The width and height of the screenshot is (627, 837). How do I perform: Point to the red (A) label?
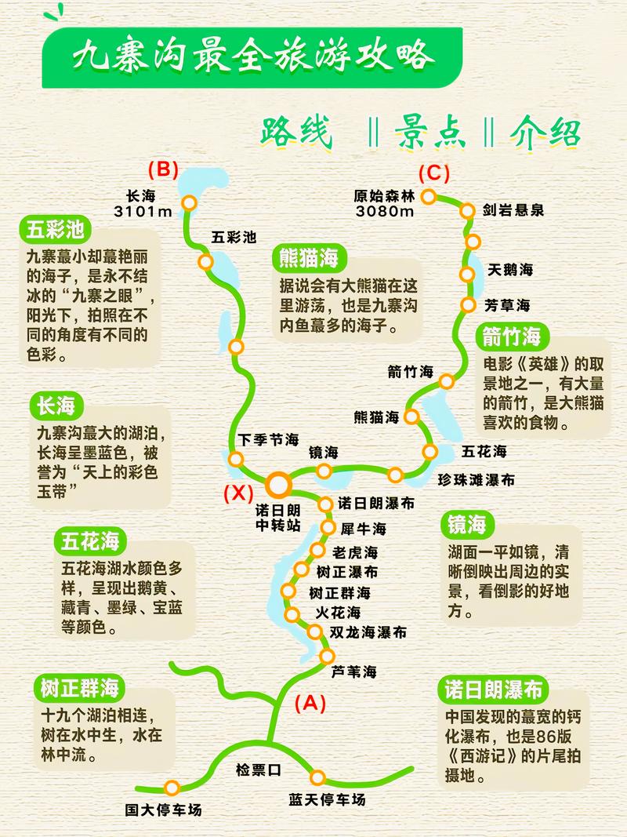tap(309, 703)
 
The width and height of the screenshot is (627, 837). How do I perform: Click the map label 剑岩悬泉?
tap(513, 210)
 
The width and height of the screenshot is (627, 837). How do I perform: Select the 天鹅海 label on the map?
tap(510, 270)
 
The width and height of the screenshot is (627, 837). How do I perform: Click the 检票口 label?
tap(258, 770)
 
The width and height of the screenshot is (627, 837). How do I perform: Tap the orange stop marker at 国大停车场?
tap(173, 787)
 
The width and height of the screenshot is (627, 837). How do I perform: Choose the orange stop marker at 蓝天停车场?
tap(317, 777)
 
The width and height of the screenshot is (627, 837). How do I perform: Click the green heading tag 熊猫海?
tap(310, 257)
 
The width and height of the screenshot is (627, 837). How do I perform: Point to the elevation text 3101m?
tap(143, 212)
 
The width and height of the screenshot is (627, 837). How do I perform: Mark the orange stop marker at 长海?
tap(189, 203)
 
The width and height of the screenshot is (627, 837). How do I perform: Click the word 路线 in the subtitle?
tap(295, 134)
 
